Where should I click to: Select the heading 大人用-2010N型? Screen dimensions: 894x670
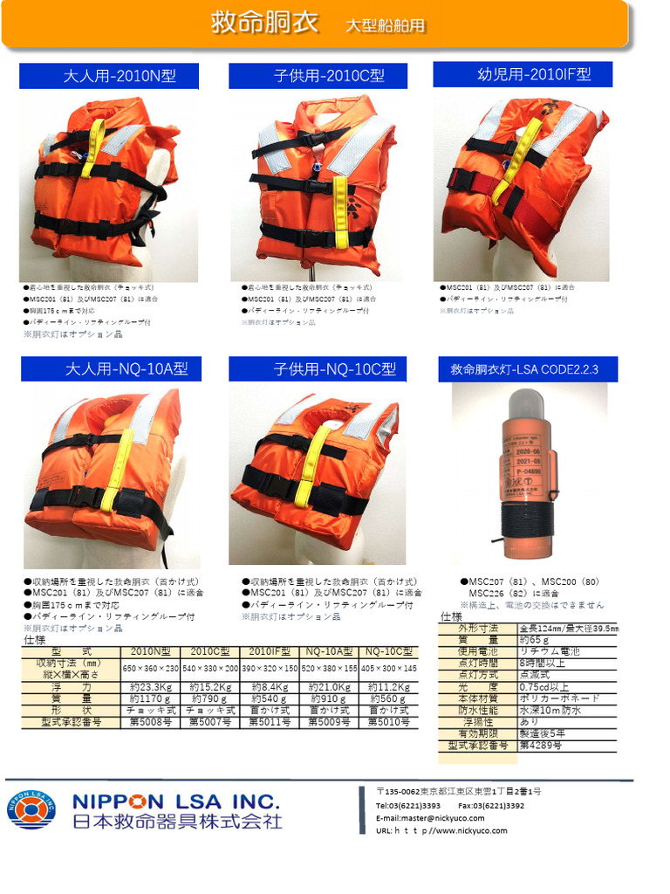(120, 76)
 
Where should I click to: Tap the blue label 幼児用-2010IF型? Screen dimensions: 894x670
(523, 74)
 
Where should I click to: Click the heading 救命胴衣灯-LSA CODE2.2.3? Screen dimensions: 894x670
(523, 369)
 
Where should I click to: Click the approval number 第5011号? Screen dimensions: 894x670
(270, 722)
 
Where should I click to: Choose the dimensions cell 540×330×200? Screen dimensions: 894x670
(209, 668)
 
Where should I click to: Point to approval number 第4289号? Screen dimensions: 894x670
(541, 746)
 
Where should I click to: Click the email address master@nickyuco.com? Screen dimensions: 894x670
(429, 818)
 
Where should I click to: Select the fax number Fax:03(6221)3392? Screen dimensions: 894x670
(490, 805)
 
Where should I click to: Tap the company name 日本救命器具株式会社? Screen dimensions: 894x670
(177, 822)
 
